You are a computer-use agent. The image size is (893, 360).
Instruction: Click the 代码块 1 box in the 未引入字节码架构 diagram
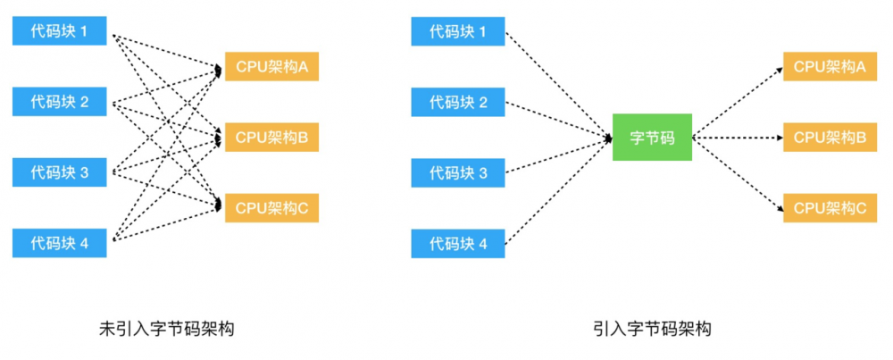click(x=60, y=32)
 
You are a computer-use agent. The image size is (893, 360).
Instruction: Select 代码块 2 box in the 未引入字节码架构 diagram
click(x=60, y=102)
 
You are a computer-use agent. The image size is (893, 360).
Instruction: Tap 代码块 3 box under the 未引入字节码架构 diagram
click(x=60, y=172)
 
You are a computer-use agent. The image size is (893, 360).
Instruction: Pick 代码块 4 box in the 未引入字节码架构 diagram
click(x=60, y=242)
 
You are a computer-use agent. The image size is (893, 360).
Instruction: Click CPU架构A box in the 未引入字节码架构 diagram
click(x=271, y=67)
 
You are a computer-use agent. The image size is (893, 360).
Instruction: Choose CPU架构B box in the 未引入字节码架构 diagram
click(x=271, y=138)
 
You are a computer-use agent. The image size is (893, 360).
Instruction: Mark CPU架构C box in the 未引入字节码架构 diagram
click(x=271, y=207)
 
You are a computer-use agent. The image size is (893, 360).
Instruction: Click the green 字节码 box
click(x=652, y=138)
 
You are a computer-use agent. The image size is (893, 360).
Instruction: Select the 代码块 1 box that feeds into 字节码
click(x=458, y=32)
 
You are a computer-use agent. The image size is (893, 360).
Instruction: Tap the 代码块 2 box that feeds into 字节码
click(x=458, y=102)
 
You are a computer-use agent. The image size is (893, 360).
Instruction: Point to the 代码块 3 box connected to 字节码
click(x=458, y=172)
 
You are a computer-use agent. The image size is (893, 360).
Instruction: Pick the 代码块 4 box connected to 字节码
click(x=458, y=242)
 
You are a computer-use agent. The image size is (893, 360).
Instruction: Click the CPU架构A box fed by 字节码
click(x=830, y=67)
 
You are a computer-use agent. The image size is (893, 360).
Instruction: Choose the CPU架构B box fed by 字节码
click(x=830, y=138)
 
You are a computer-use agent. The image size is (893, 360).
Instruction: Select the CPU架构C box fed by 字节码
click(x=830, y=207)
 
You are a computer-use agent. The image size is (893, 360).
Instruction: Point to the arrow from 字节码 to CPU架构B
click(x=737, y=138)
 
